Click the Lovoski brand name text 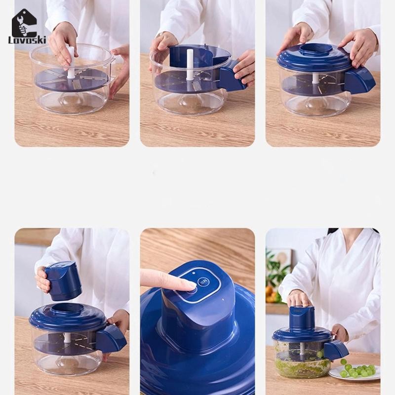(27, 40)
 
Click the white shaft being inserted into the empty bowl (71, 62)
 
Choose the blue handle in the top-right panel (359, 80)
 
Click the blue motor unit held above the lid (63, 280)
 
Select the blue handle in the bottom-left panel (111, 338)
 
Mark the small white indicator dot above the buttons (194, 273)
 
